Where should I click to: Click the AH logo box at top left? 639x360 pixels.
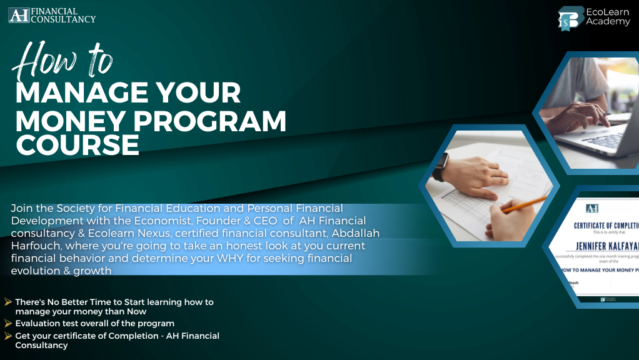[19, 14]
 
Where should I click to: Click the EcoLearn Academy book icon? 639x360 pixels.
[569, 17]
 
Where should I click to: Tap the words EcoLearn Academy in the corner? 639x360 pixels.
[607, 17]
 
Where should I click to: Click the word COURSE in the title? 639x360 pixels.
[78, 146]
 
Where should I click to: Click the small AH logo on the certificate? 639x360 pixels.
[591, 208]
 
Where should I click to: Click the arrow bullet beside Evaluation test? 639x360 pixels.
[8, 323]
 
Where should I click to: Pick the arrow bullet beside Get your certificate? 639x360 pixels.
[8, 336]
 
